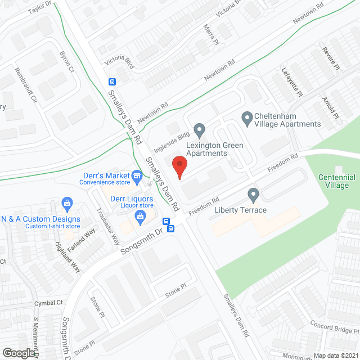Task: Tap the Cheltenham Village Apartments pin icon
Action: pyautogui.click(x=246, y=119)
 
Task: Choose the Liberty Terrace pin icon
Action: pyautogui.click(x=253, y=195)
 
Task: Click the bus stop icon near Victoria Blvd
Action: pyautogui.click(x=112, y=80)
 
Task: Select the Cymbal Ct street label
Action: pyautogui.click(x=48, y=303)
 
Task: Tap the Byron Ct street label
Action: pyautogui.click(x=67, y=62)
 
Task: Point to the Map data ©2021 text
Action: pyautogui.click(x=335, y=355)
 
